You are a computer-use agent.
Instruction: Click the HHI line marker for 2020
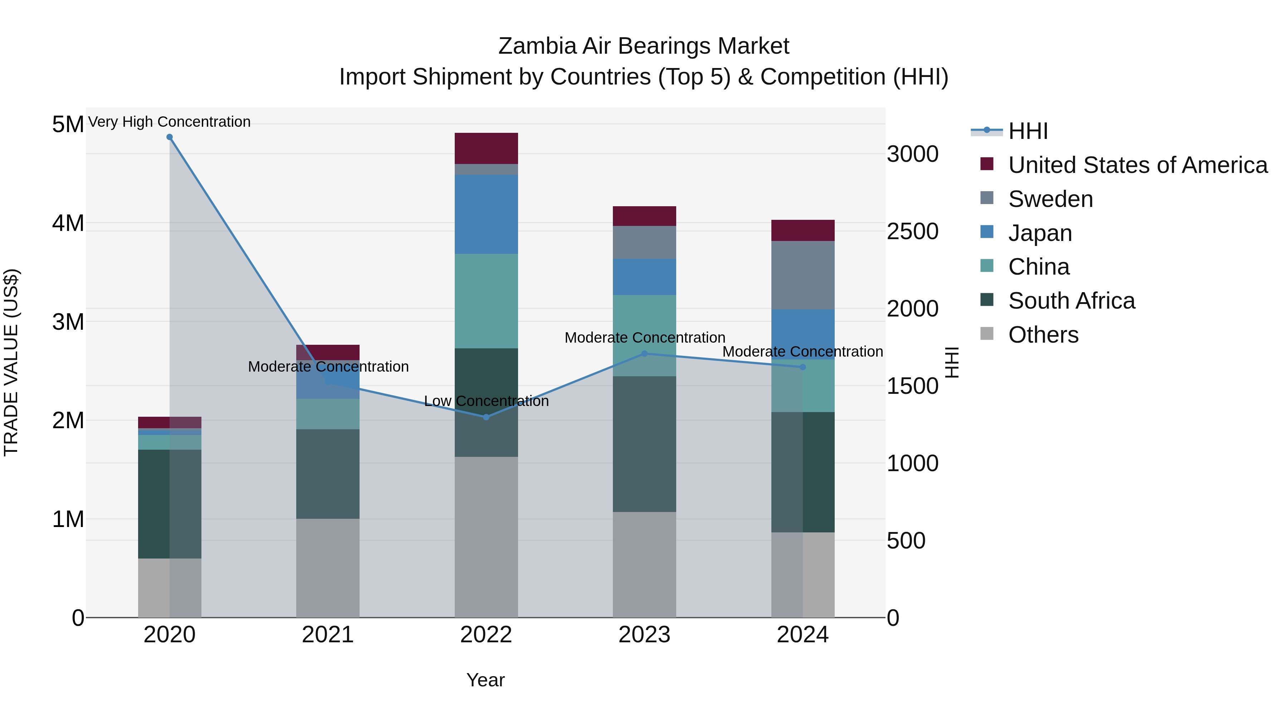pyautogui.click(x=170, y=137)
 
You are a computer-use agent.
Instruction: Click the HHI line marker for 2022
pyautogui.click(x=486, y=417)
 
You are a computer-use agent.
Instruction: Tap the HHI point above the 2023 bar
pyautogui.click(x=644, y=354)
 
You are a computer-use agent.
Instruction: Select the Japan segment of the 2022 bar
pyautogui.click(x=486, y=214)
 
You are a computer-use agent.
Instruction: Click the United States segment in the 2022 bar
pyautogui.click(x=486, y=148)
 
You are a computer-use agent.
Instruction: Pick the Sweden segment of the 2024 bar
pyautogui.click(x=802, y=275)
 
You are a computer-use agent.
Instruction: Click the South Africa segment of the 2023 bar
pyautogui.click(x=644, y=444)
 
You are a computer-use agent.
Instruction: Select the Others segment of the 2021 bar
pyautogui.click(x=327, y=568)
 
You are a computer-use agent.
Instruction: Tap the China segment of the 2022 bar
pyautogui.click(x=486, y=301)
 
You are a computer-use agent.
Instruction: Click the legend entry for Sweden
pyautogui.click(x=1050, y=199)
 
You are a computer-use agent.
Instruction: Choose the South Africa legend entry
pyautogui.click(x=1071, y=301)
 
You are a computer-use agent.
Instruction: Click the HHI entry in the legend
pyautogui.click(x=1028, y=131)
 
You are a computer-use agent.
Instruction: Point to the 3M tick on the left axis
pyautogui.click(x=68, y=322)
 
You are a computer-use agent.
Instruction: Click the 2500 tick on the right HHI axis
pyautogui.click(x=912, y=231)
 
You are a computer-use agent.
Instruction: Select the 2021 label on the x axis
pyautogui.click(x=327, y=635)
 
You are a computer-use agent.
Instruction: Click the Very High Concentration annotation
pyautogui.click(x=170, y=122)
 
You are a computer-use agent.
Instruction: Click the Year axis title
pyautogui.click(x=486, y=680)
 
